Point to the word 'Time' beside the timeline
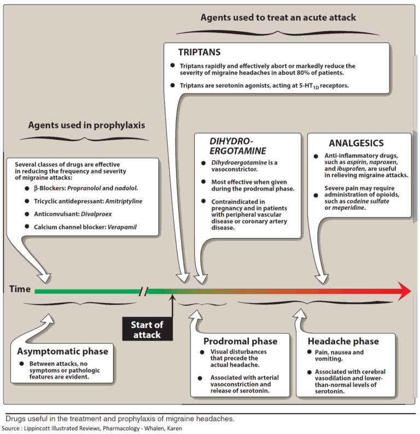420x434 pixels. pos(20,289)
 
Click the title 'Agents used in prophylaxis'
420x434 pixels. pos(86,125)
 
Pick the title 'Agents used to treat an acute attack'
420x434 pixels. pos(278,18)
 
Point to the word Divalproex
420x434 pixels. pos(95,215)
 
